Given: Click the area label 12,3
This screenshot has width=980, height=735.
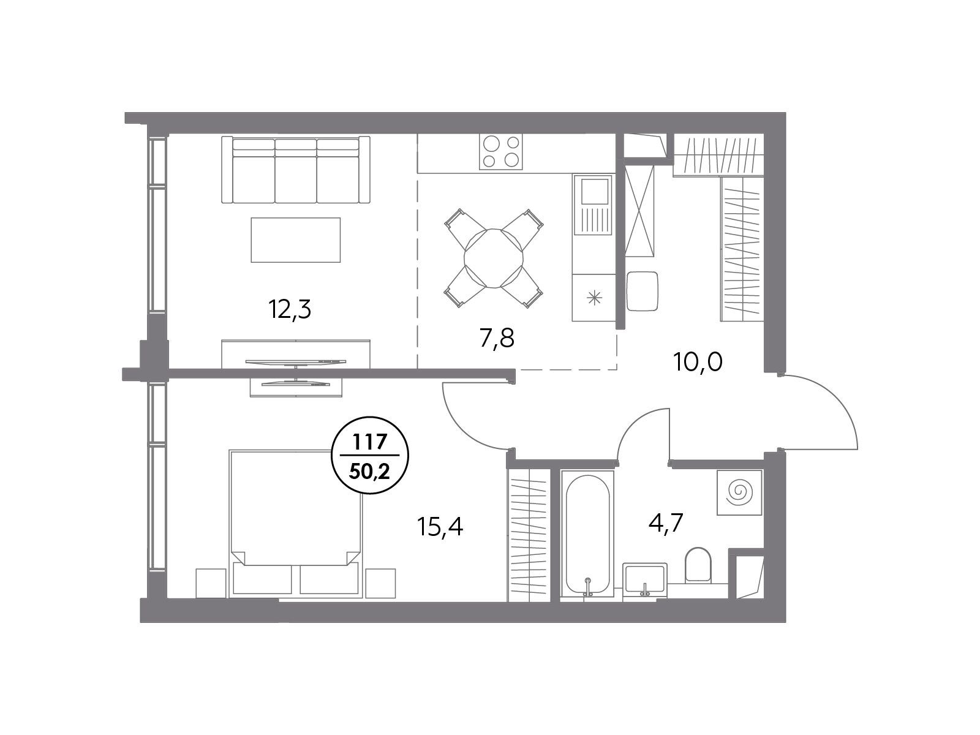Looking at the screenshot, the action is pos(290,310).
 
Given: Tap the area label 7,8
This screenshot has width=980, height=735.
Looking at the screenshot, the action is pos(497,339).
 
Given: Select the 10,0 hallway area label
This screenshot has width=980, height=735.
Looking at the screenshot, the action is pos(698,362).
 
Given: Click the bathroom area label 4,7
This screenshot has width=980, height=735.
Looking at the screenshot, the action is pos(666,523).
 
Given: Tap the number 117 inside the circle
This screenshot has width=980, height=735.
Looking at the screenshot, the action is pos(370,442).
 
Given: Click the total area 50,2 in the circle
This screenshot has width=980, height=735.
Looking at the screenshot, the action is pos(370,471).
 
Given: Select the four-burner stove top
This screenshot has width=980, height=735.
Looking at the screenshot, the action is pos(501,151).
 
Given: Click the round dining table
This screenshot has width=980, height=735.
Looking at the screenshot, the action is pos(493,258).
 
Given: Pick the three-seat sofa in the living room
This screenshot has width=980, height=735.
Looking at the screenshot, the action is pos(296,170).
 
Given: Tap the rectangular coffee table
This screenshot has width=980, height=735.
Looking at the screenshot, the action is pos(296,239).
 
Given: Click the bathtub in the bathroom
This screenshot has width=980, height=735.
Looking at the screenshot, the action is pos(587,534).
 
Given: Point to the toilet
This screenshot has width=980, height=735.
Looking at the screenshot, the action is pos(698,565).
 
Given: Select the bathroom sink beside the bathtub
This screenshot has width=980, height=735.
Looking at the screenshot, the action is pos(645,579).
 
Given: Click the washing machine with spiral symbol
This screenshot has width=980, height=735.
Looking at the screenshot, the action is pos(739,492).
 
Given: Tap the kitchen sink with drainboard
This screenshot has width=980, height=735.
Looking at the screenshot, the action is pos(594,205).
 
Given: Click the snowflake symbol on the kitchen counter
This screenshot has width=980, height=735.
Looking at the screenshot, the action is pos(594,298).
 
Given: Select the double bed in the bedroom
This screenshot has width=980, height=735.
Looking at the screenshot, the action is pos(296,524).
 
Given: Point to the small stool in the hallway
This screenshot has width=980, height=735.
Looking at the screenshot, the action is pos(643,291).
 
